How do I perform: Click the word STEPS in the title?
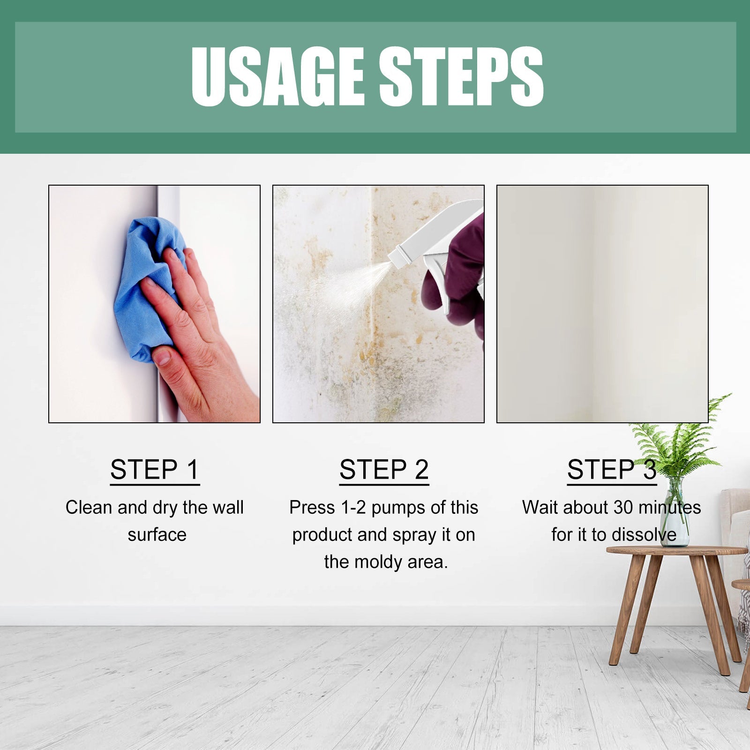[461, 77]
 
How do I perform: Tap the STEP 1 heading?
[155, 470]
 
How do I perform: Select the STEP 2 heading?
[384, 470]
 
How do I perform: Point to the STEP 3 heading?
[611, 470]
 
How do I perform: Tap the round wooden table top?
[675, 551]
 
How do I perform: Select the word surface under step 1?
[157, 535]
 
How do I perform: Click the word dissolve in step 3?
[646, 535]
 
